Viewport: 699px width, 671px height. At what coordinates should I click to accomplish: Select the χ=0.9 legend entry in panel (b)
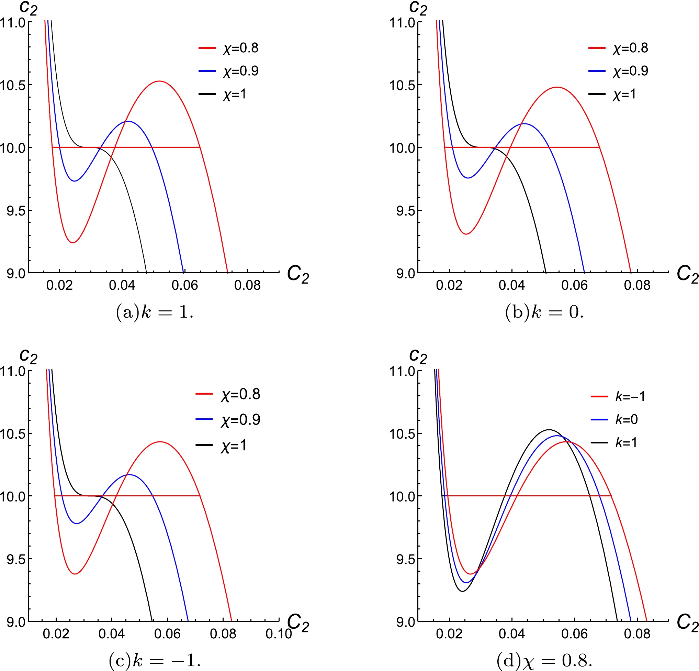click(x=618, y=71)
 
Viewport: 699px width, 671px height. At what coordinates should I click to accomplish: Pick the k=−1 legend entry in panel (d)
click(x=618, y=397)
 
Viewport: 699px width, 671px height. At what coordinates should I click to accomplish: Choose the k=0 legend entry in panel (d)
click(x=615, y=420)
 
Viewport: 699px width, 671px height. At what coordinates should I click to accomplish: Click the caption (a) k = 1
click(x=155, y=312)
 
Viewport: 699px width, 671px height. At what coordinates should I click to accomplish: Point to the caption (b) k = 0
click(x=544, y=312)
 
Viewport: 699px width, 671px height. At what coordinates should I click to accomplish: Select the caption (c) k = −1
click(x=155, y=661)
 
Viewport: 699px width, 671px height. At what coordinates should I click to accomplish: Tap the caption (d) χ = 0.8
click(x=544, y=661)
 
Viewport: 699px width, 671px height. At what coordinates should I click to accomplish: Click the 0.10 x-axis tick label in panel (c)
click(x=279, y=634)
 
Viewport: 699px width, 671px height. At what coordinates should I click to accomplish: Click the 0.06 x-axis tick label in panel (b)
click(x=574, y=285)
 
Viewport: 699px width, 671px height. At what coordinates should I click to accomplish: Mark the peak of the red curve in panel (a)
click(x=159, y=81)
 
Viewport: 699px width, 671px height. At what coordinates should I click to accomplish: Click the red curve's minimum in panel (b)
click(x=466, y=234)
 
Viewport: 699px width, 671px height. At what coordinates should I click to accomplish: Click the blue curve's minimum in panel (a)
click(x=75, y=181)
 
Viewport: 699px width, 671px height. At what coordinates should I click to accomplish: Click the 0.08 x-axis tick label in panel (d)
click(x=637, y=634)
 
